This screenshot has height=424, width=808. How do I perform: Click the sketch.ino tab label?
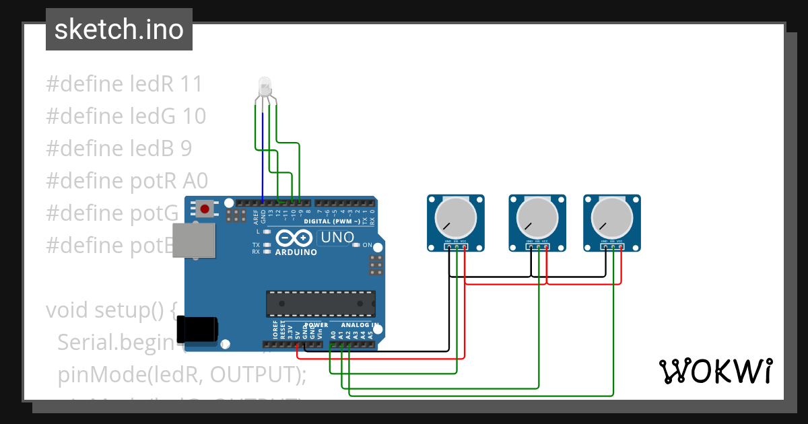[119, 30]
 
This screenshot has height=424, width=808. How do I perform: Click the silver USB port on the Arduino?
[193, 240]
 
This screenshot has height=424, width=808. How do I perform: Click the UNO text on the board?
[337, 237]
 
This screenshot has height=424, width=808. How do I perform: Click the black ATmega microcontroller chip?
[321, 304]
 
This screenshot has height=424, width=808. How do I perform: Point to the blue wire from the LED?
[263, 155]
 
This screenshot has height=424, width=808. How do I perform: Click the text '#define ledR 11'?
[124, 84]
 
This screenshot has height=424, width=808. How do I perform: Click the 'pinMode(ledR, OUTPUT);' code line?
[182, 374]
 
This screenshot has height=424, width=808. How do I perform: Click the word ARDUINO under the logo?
[296, 252]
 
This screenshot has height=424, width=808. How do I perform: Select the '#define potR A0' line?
[127, 180]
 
